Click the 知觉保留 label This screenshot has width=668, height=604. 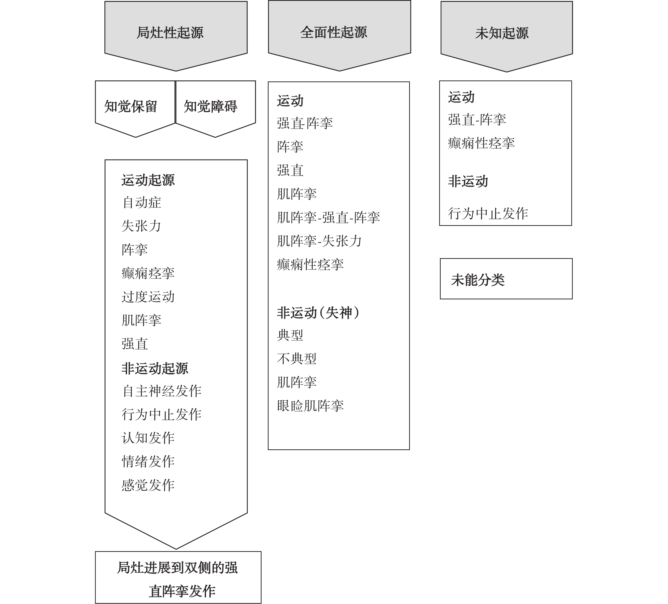tap(131, 107)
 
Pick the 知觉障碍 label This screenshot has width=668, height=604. tap(210, 107)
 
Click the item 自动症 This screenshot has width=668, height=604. tap(142, 202)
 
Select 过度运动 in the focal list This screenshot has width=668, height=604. tap(148, 296)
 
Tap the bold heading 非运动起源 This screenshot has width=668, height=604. tap(155, 368)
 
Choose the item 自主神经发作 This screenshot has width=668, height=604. tap(162, 391)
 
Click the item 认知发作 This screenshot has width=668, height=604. tap(148, 438)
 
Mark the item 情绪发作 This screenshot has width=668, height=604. tap(148, 461)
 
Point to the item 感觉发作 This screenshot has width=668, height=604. tap(148, 485)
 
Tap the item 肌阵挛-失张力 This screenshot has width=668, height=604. tap(319, 241)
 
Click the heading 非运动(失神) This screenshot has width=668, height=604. tap(318, 313)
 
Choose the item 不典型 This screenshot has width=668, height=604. tap(297, 359)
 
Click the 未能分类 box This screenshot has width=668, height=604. tap(506, 279)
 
